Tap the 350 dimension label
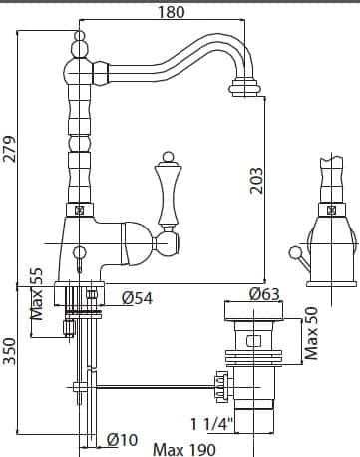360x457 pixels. pyautogui.click(x=11, y=348)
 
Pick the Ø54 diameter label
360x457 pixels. pyautogui.click(x=135, y=298)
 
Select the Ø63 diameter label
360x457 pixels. pyautogui.click(x=264, y=293)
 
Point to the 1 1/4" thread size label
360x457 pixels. pyautogui.click(x=211, y=422)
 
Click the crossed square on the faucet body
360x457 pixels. pyautogui.click(x=77, y=210)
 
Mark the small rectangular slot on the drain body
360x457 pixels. pyautogui.click(x=252, y=342)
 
